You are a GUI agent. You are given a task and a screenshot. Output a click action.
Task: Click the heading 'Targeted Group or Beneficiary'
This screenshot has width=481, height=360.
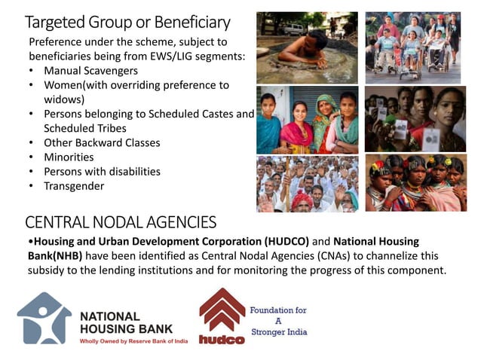(127, 22)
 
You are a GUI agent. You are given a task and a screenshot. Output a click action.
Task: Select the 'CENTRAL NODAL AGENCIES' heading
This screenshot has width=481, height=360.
(121, 222)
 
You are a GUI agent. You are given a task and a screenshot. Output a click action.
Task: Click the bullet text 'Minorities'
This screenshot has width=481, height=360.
(69, 157)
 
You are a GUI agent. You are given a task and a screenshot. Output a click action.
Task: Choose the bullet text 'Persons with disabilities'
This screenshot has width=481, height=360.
(102, 171)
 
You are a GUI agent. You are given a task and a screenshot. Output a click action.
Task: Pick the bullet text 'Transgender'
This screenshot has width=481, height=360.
(74, 185)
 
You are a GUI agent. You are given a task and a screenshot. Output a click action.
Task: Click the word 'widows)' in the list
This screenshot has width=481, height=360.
(64, 99)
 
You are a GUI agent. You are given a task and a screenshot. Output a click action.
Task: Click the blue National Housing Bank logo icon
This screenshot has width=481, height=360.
(45, 317)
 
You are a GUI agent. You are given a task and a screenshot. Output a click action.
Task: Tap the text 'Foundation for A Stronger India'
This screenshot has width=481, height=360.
(279, 321)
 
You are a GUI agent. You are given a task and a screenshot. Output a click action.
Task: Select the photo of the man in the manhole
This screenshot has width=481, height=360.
(306, 43)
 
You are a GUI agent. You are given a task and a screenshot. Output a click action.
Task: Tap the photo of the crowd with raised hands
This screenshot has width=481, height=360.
(306, 183)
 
